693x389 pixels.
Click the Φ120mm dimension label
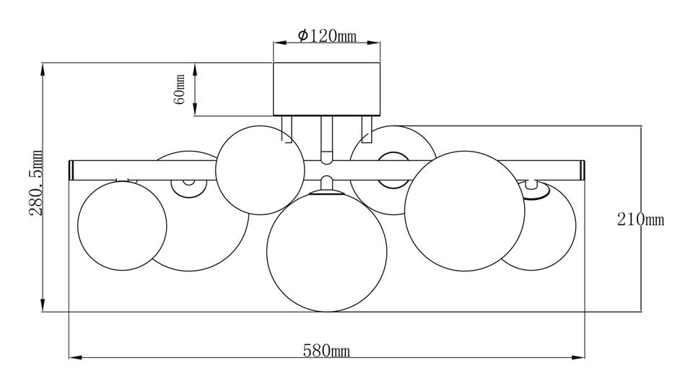click(326, 35)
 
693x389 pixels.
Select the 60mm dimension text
click(180, 89)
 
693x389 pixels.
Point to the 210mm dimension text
click(640, 219)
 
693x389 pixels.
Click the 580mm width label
click(326, 351)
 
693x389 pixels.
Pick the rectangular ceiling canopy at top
click(326, 89)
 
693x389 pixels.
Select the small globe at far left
click(122, 225)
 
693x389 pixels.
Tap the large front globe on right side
click(465, 211)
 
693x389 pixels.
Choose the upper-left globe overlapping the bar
click(261, 170)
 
